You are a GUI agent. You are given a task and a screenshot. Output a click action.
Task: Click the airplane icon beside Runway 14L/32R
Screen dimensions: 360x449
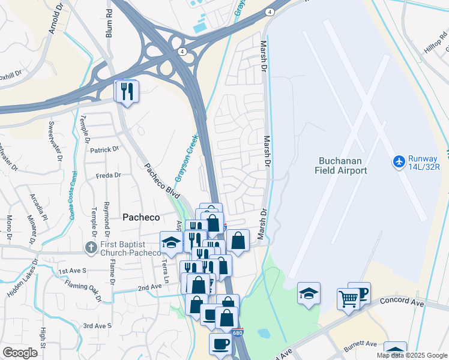(x=399, y=161)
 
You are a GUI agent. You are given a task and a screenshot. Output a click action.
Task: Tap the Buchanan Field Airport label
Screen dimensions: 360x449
(x=341, y=166)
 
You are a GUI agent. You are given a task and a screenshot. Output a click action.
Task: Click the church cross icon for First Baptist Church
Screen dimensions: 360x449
(x=91, y=247)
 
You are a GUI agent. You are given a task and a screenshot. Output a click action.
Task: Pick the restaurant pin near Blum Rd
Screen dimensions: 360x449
(x=127, y=91)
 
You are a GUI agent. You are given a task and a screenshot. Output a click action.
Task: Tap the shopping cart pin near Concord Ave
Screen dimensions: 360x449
(x=348, y=298)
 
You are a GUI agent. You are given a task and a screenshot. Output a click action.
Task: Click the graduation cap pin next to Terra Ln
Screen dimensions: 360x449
(x=171, y=243)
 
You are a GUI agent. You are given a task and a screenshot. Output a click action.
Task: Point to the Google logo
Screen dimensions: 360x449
(x=20, y=352)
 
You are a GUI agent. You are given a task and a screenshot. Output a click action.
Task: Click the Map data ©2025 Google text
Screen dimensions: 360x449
(x=412, y=355)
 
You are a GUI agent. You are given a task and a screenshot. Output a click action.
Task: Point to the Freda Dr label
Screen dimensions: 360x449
(x=108, y=176)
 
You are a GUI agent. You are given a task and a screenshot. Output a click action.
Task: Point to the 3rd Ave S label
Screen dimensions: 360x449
(x=97, y=326)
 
